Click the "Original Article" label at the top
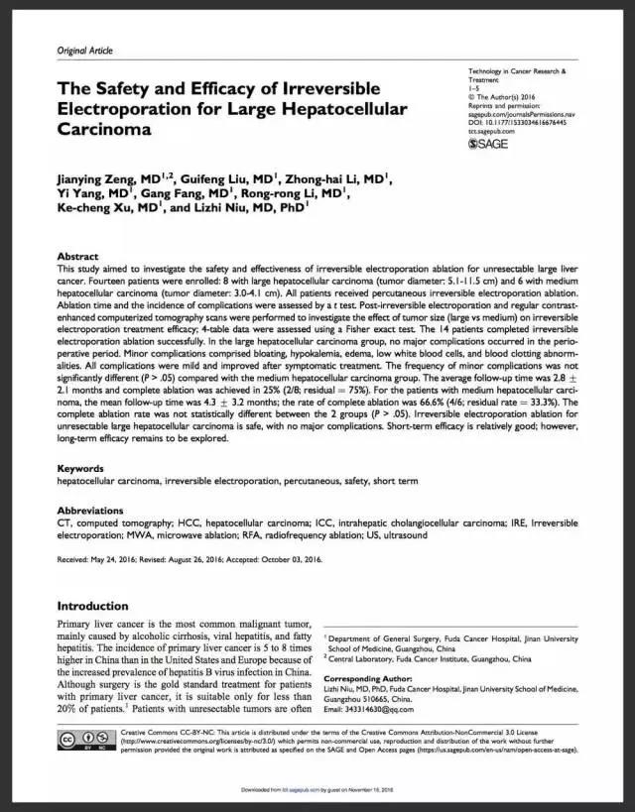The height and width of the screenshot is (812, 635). (84, 51)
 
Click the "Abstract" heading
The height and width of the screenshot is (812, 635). (77, 255)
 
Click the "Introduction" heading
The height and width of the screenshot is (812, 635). (99, 606)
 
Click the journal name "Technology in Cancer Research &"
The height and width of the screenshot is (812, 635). (516, 72)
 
